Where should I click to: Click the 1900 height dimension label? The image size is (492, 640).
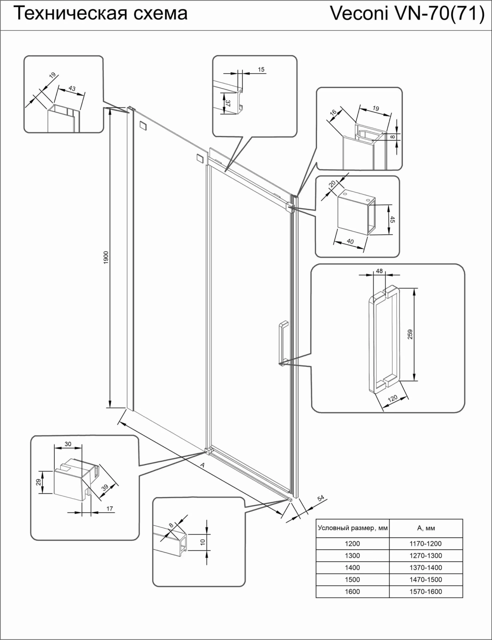[106, 258]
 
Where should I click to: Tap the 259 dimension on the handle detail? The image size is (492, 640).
[410, 334]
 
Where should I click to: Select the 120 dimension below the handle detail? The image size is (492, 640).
[392, 399]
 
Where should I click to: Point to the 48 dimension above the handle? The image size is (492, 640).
[379, 271]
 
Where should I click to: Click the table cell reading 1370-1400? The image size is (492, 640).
[426, 568]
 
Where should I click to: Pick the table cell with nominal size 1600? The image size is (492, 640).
[352, 592]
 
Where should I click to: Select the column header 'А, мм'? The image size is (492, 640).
[426, 528]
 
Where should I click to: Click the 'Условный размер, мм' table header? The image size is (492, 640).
[352, 528]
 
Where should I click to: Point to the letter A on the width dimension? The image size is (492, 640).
[202, 466]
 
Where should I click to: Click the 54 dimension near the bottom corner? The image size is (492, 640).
[321, 498]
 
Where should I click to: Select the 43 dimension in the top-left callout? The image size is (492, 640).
[72, 88]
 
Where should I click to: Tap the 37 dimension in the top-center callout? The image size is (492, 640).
[228, 103]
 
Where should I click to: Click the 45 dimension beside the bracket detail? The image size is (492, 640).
[393, 220]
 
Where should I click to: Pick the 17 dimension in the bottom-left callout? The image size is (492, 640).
[109, 508]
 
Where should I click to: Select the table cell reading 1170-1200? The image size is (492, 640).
[426, 544]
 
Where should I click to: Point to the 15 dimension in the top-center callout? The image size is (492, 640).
[261, 69]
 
